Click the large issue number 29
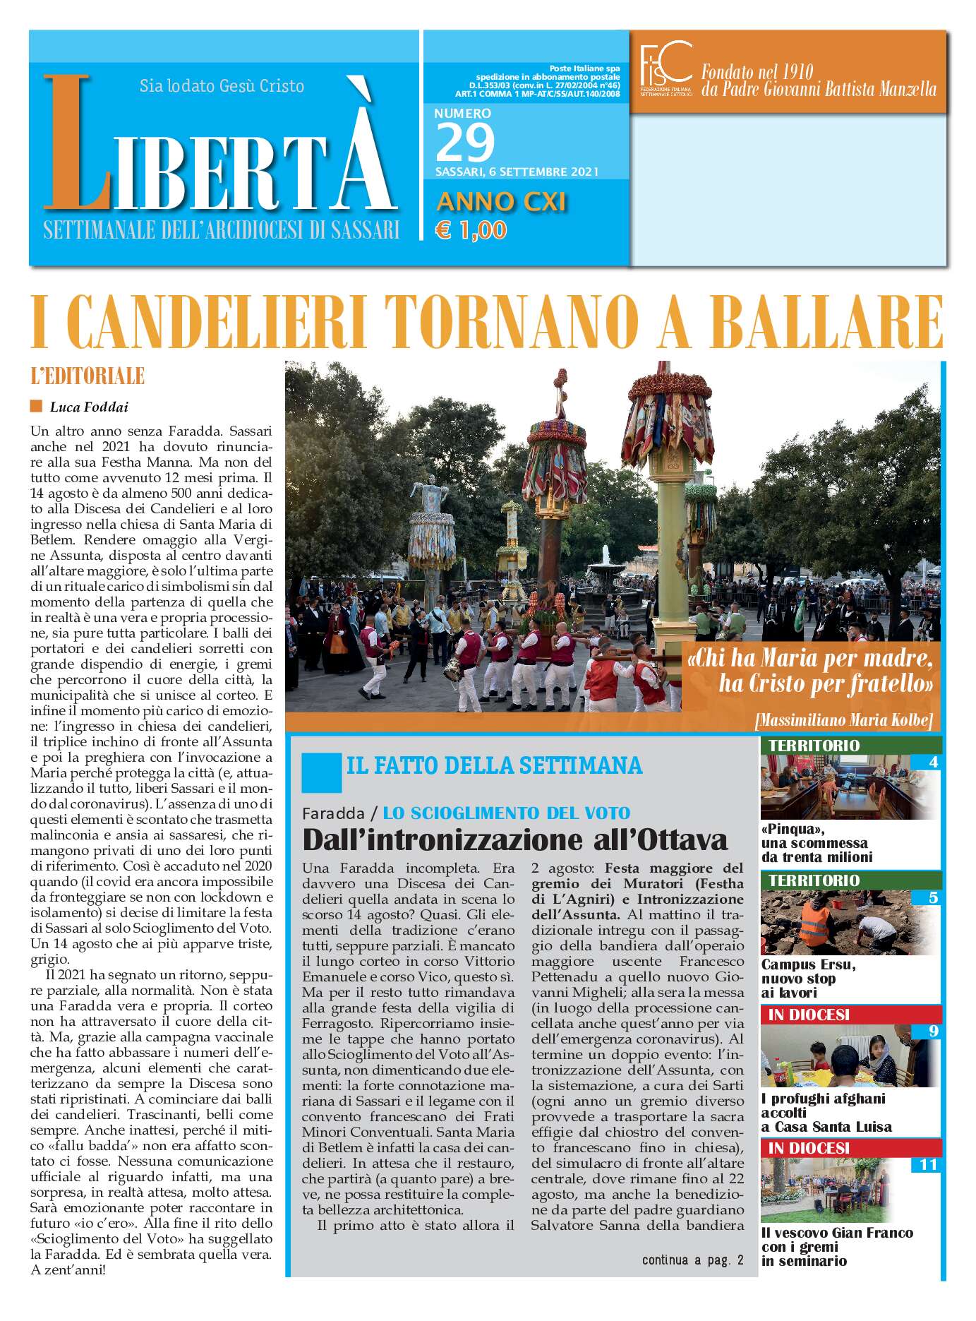tap(465, 143)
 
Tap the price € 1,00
tap(471, 230)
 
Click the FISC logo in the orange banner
tap(665, 68)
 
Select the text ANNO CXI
tap(501, 202)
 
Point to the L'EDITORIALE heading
tap(88, 376)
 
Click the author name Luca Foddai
tap(89, 407)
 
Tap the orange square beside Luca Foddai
tap(37, 406)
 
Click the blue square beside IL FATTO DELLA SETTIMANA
tap(321, 772)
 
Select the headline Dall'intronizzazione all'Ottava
tap(514, 839)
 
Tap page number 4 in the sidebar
tap(933, 762)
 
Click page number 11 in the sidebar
tap(928, 1164)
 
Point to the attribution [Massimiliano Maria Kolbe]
tap(843, 720)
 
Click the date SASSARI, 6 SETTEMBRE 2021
tap(517, 172)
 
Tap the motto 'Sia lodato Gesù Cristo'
tap(222, 86)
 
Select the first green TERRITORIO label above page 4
tap(814, 746)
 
